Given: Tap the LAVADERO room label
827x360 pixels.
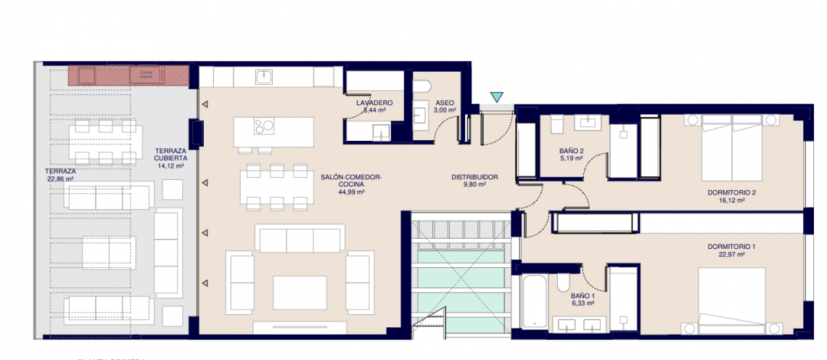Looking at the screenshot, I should [x=374, y=107].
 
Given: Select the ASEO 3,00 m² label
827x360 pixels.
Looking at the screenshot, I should [x=445, y=107].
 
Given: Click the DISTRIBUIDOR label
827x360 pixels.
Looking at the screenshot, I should [x=474, y=181].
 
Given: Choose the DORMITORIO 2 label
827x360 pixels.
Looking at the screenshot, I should [x=731, y=197].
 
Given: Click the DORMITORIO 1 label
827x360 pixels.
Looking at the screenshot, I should [x=731, y=251].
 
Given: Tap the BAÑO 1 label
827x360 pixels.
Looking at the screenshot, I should [x=583, y=300].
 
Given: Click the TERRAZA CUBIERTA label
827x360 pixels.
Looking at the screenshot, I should [x=171, y=157].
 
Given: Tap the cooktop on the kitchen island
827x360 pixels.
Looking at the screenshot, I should [x=265, y=126].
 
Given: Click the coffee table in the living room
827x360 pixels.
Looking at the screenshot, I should [x=300, y=292].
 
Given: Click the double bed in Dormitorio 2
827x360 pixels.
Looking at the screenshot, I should [x=731, y=149].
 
